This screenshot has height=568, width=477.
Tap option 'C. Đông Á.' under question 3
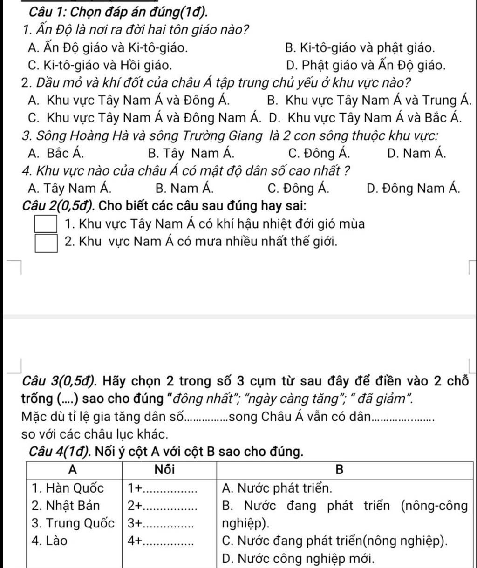(320, 153)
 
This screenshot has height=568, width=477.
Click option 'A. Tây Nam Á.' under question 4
(70, 188)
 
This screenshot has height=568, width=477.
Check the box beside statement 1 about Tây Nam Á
(47, 224)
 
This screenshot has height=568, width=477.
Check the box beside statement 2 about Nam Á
(47, 243)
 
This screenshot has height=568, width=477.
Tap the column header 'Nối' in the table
(169, 470)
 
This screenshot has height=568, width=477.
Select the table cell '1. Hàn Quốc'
(68, 488)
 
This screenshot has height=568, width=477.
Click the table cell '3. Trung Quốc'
(73, 523)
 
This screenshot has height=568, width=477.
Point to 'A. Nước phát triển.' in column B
(278, 488)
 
